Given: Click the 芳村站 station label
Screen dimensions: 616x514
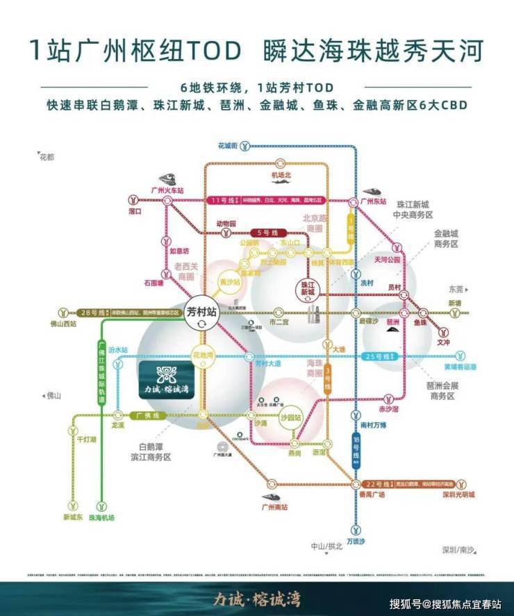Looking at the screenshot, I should click(x=202, y=312).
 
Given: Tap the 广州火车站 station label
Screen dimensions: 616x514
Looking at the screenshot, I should click(x=167, y=190).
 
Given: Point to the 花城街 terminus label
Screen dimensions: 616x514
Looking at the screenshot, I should click(x=228, y=146).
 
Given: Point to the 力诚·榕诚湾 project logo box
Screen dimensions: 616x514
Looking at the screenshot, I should click(x=167, y=378).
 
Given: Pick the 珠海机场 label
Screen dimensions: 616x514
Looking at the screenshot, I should click(x=102, y=518).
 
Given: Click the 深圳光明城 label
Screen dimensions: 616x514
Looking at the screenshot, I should click(x=459, y=494).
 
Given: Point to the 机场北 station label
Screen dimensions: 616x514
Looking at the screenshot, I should click(x=281, y=174).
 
